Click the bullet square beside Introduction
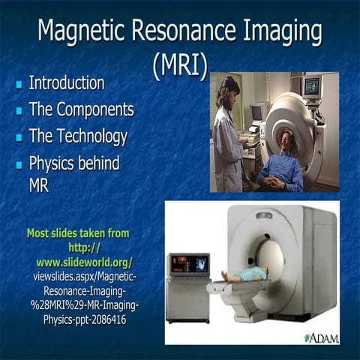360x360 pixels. (x=19, y=85)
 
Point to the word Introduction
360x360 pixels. (x=66, y=82)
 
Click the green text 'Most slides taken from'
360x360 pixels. (x=78, y=233)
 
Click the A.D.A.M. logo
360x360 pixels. (x=322, y=337)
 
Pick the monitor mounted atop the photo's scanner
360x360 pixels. (x=311, y=85)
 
